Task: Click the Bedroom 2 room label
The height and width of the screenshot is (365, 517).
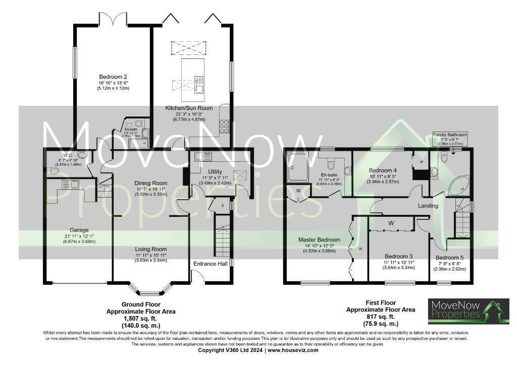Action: tap(113, 76)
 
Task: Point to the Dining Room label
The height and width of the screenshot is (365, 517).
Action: tap(150, 183)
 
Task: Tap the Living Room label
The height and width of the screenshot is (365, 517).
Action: tap(150, 249)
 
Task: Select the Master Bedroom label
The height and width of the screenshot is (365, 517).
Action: tap(319, 239)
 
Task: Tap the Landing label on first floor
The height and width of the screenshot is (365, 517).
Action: tap(428, 206)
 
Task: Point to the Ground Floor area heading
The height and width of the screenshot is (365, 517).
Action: tap(141, 304)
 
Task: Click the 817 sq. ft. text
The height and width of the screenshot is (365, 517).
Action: tap(380, 317)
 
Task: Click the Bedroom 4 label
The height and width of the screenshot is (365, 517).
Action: tap(383, 170)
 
